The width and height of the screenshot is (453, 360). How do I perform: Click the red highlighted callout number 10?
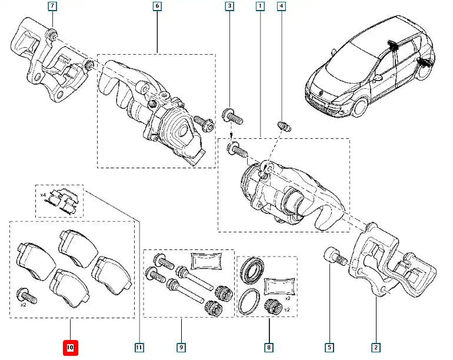pos(70,348)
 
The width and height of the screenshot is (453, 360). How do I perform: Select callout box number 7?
pos(52,6)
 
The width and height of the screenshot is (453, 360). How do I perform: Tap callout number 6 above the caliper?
pos(157,6)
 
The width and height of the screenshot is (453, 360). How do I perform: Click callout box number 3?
pos(229,6)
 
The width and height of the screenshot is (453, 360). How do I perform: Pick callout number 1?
pos(260,6)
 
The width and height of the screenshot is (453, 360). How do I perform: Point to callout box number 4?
pos(281,6)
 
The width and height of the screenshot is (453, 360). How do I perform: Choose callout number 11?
pos(139,347)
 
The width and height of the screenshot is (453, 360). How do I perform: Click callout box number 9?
pos(181,347)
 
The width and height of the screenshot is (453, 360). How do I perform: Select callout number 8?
pos(269,347)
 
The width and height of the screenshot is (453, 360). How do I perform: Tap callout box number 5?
pos(329,347)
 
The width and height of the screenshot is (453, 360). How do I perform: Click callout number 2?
pos(376,347)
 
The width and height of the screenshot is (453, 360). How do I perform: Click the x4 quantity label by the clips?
pos(43,195)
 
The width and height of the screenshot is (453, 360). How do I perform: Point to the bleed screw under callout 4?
pos(284,126)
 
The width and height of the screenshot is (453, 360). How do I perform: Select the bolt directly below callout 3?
pos(232,116)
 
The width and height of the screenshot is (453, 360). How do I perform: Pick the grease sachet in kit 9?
pos(206,261)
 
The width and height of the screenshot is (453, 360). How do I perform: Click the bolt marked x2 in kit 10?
pos(26,295)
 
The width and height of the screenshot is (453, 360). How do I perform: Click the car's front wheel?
pos(360,107)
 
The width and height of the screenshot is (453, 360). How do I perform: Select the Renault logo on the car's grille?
pos(321,93)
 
